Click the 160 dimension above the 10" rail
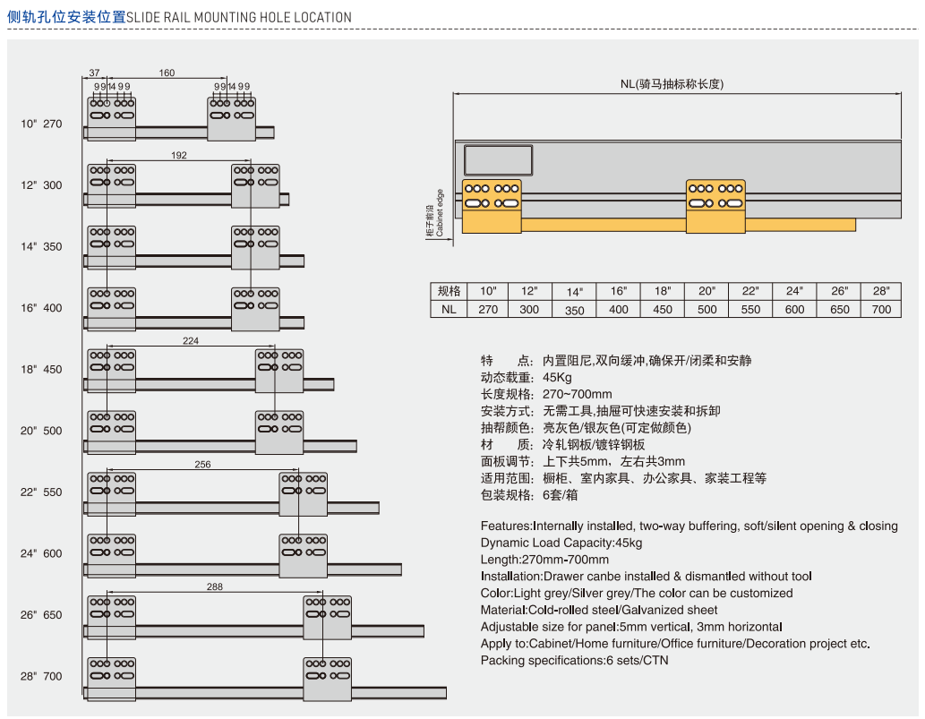[x=167, y=73]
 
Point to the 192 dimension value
[x=178, y=155]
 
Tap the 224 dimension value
[x=191, y=340]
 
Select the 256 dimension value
[x=202, y=464]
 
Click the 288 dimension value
[x=214, y=586]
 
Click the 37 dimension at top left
[x=95, y=73]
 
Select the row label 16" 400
[x=42, y=308]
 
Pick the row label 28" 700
[x=42, y=676]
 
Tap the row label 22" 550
[x=42, y=492]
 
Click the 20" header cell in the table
[x=707, y=291]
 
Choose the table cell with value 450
[x=663, y=309]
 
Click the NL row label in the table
[x=449, y=309]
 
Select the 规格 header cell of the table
[x=449, y=291]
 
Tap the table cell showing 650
[x=839, y=309]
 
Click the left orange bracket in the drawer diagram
[x=492, y=207]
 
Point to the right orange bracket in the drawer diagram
[x=715, y=207]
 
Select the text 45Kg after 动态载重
[x=557, y=377]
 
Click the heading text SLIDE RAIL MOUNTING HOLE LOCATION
[x=239, y=17]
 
